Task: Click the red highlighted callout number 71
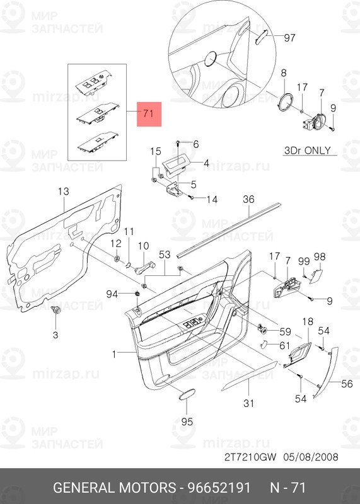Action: tap(149, 114)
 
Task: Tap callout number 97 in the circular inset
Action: tap(289, 38)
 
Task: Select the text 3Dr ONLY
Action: tap(308, 151)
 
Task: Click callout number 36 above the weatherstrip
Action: tap(248, 199)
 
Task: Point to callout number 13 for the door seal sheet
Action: tap(64, 192)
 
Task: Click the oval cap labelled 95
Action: tap(187, 395)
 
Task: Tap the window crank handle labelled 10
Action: tap(144, 268)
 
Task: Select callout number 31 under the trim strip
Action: tap(248, 403)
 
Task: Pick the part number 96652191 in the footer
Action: tap(219, 488)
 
